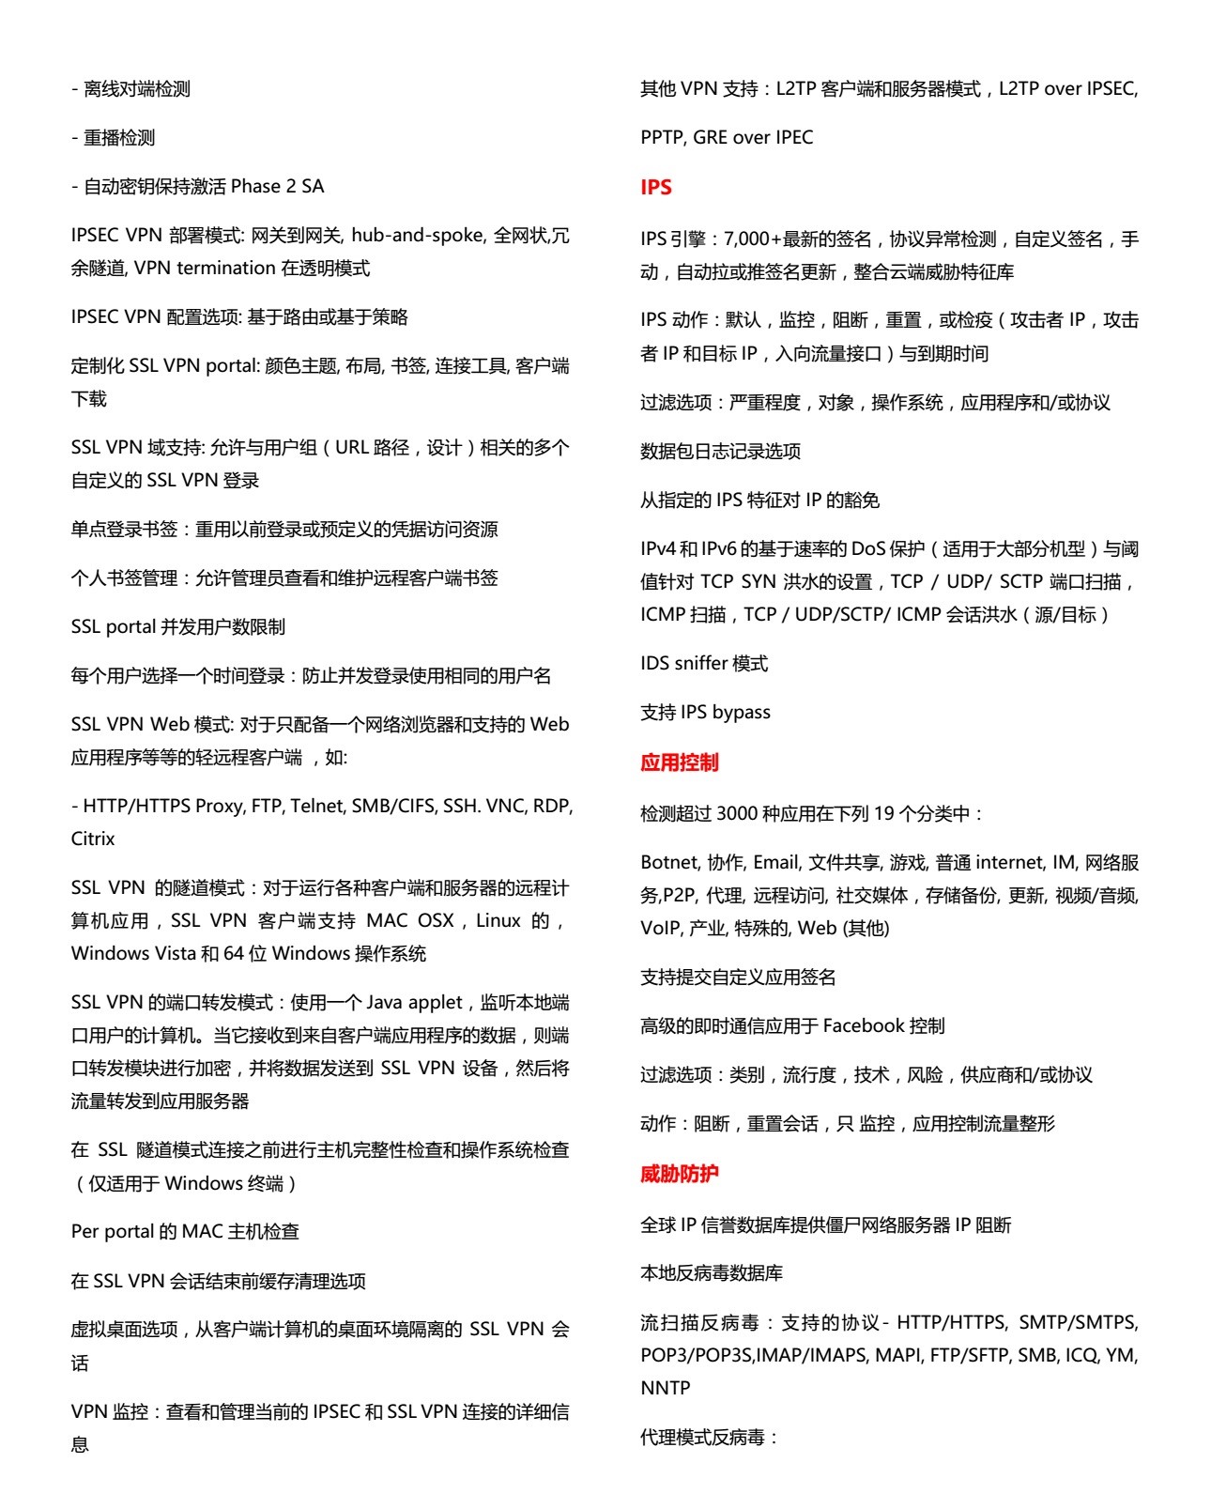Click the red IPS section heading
click(655, 188)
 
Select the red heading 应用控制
click(679, 762)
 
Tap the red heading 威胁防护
click(679, 1174)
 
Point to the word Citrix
click(93, 839)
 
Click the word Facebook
click(863, 1025)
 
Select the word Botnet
click(669, 862)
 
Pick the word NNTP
click(665, 1388)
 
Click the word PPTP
click(662, 137)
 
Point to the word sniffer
click(700, 664)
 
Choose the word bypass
click(741, 713)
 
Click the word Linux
click(498, 920)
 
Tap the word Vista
click(171, 954)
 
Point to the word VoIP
click(661, 928)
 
